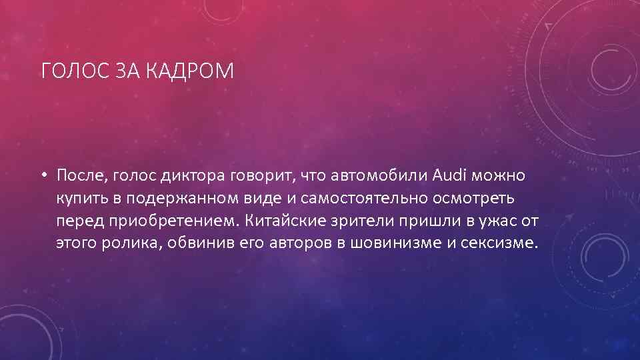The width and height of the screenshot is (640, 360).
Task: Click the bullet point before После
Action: click(x=42, y=176)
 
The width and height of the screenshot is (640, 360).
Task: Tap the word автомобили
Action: click(x=379, y=175)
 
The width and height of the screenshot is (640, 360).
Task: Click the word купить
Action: click(x=79, y=198)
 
